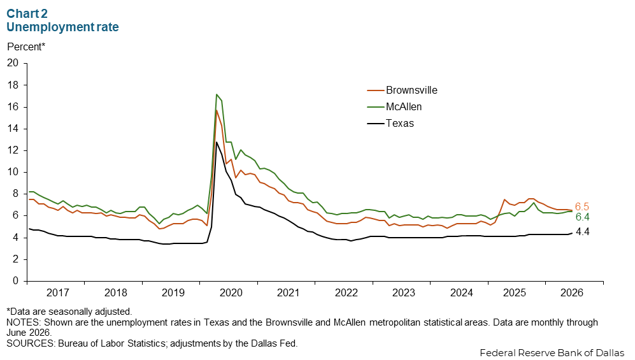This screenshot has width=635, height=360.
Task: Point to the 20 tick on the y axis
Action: (x=13, y=63)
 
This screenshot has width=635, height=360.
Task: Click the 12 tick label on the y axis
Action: (x=13, y=150)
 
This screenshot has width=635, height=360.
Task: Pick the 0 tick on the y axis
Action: (x=16, y=280)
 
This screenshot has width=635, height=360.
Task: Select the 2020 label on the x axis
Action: (x=231, y=292)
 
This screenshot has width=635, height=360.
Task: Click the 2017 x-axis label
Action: (x=57, y=292)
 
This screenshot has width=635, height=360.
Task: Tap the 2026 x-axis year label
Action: (x=571, y=292)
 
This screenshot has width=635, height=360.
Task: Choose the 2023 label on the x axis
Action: (x=404, y=292)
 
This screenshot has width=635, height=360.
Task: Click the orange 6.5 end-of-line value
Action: (x=582, y=206)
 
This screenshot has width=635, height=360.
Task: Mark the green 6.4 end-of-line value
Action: (x=582, y=217)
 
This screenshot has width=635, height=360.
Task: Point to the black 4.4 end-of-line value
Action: (x=582, y=232)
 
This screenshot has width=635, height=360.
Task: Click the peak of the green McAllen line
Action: (x=217, y=94)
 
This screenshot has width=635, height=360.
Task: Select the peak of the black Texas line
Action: (x=217, y=141)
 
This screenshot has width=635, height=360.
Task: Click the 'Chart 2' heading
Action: (x=27, y=13)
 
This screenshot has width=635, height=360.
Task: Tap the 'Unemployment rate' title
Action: (x=63, y=27)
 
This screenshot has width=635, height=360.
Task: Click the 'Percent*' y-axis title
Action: (x=26, y=47)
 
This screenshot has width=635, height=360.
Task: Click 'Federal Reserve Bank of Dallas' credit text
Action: (x=552, y=353)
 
